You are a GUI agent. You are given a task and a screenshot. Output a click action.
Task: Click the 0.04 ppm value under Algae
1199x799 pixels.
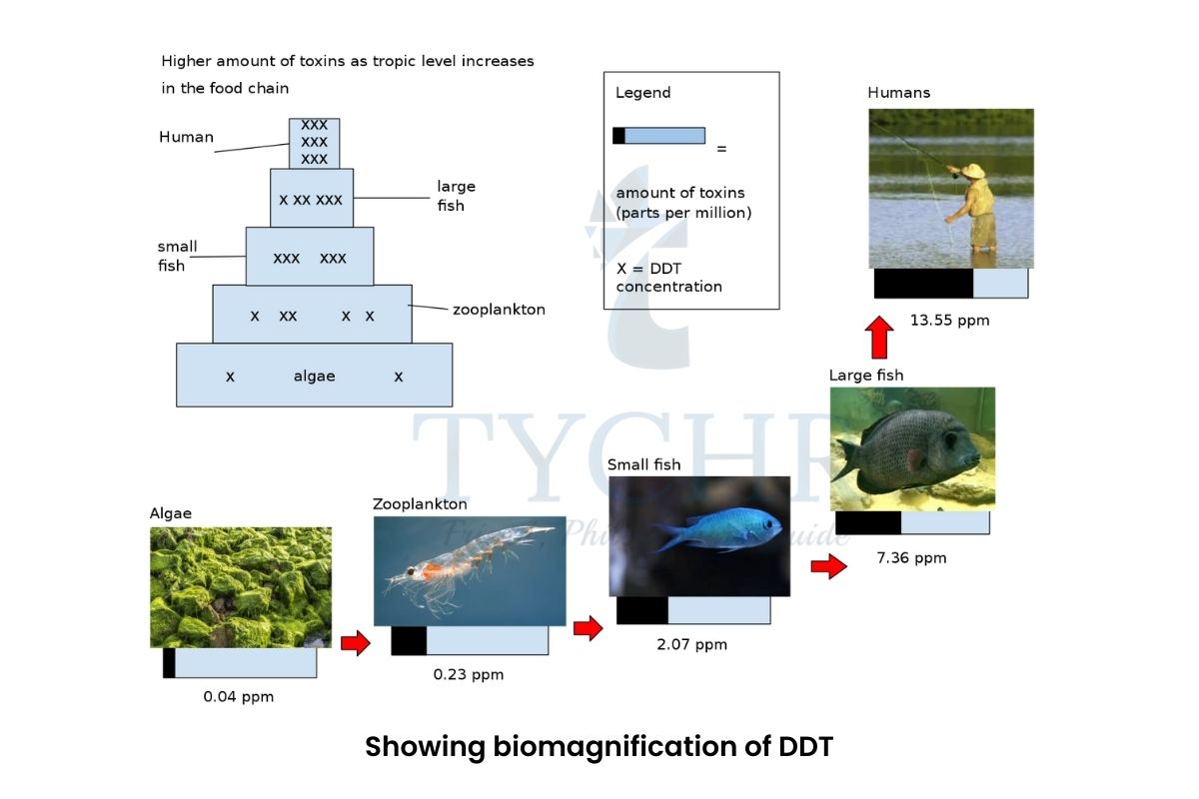coord(238,696)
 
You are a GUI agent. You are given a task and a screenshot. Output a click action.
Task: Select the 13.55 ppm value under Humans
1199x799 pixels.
coord(949,321)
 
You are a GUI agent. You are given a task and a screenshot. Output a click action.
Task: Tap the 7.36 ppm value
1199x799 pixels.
coord(910,557)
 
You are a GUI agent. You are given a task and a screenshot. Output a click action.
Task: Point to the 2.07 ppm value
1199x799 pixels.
coord(691,644)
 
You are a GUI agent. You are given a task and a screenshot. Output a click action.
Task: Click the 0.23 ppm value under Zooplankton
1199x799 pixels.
coord(468,674)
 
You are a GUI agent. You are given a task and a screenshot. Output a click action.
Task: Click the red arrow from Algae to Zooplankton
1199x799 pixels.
coord(355,643)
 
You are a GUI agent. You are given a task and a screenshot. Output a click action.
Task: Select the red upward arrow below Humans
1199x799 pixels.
coord(878,337)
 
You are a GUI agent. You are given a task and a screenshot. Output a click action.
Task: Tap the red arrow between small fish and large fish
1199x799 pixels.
coord(827,567)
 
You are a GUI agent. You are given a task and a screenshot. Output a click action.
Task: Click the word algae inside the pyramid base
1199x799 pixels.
coord(314,377)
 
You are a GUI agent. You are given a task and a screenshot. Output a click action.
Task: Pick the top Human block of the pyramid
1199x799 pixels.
coord(314,142)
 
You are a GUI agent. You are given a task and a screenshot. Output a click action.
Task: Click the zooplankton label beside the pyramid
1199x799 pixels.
coord(499,310)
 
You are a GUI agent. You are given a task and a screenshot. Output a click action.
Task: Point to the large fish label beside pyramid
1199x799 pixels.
coord(456,196)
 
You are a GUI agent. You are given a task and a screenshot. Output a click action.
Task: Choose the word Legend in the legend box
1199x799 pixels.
coord(642,93)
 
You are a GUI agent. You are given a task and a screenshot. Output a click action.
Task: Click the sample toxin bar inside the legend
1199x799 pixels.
coord(658,136)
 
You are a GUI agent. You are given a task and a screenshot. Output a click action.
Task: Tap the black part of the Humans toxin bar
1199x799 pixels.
coord(922,283)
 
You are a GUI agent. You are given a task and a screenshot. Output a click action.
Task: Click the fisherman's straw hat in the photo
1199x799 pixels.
coord(972,171)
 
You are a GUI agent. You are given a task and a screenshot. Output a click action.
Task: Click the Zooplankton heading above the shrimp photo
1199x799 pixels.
coord(420,504)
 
